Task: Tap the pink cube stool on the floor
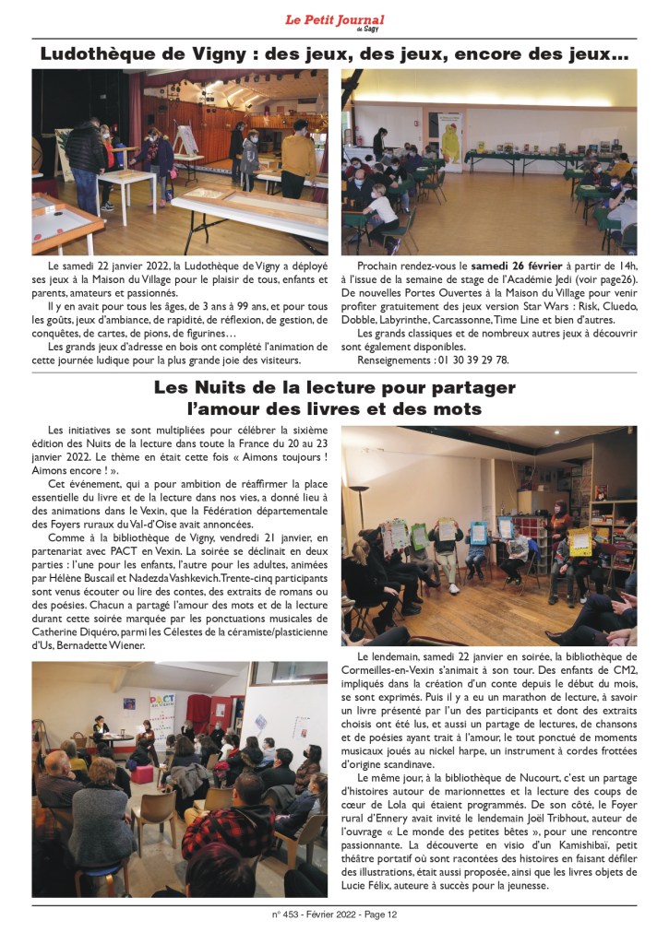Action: [141, 771]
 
